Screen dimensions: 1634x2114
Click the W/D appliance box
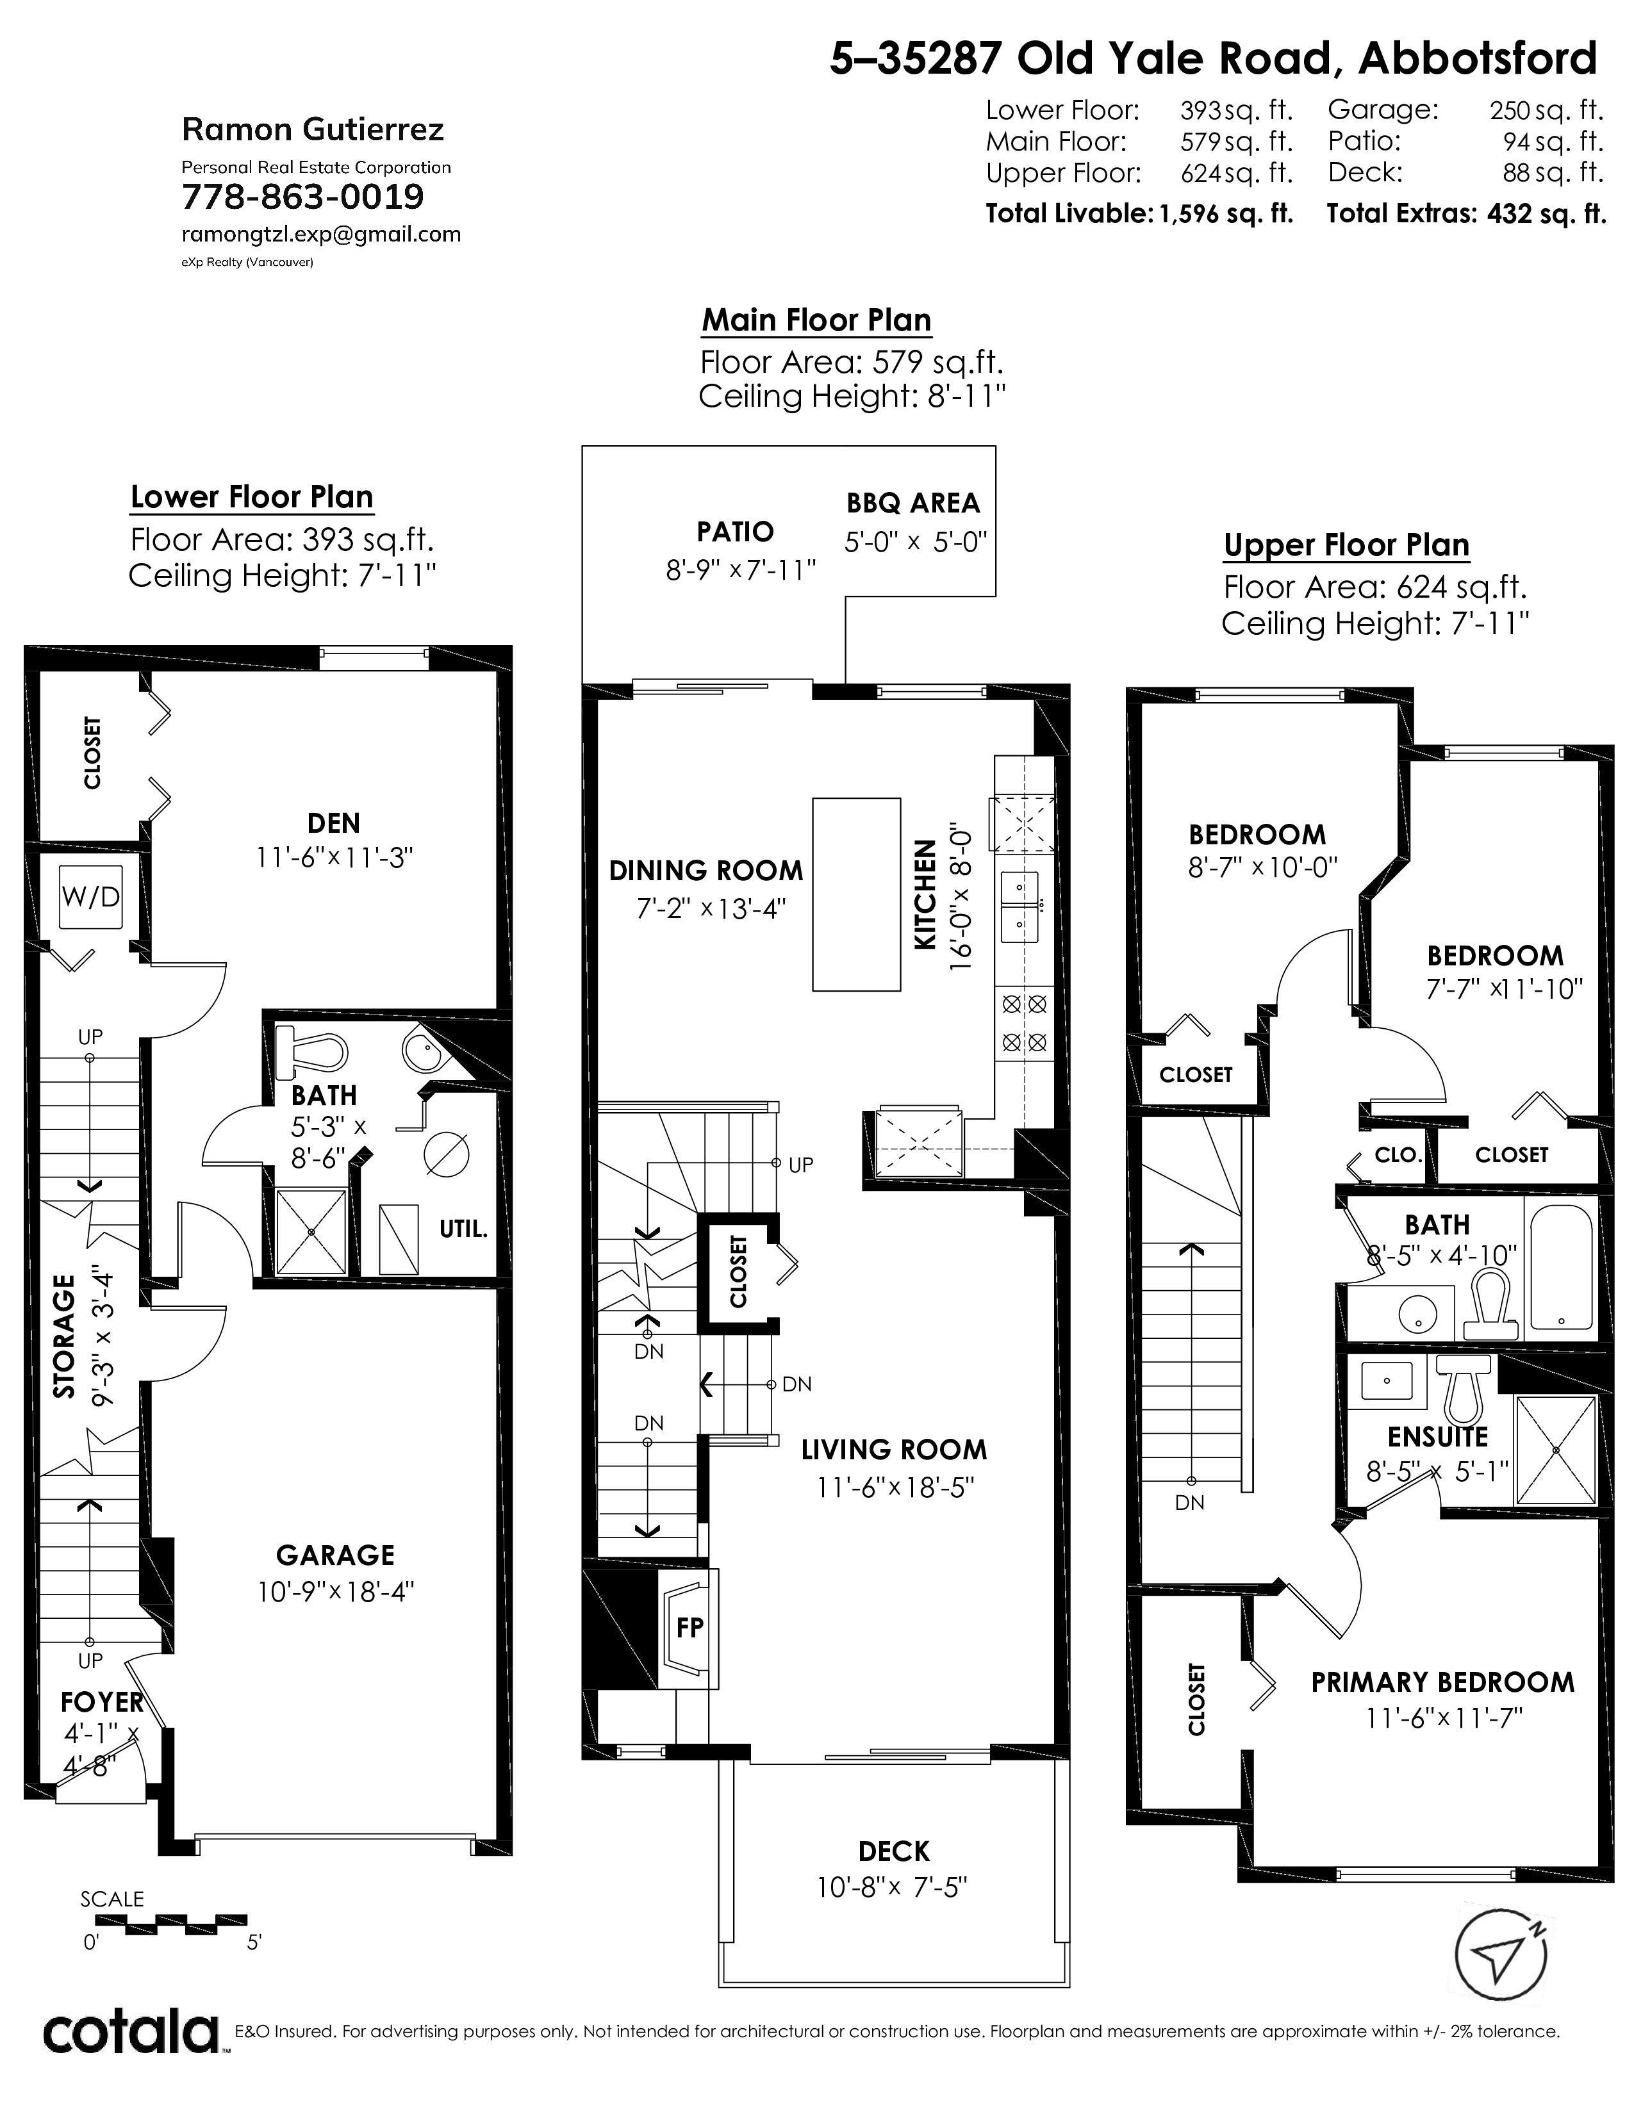tap(91, 897)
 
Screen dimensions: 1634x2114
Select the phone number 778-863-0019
tap(303, 197)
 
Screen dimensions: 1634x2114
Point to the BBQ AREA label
tap(913, 504)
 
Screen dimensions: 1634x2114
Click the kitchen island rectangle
tap(855, 894)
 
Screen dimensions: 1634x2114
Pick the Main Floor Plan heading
tap(816, 320)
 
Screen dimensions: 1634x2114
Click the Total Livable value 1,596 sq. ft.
tap(1225, 214)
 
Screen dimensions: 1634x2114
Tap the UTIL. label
tap(463, 1229)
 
